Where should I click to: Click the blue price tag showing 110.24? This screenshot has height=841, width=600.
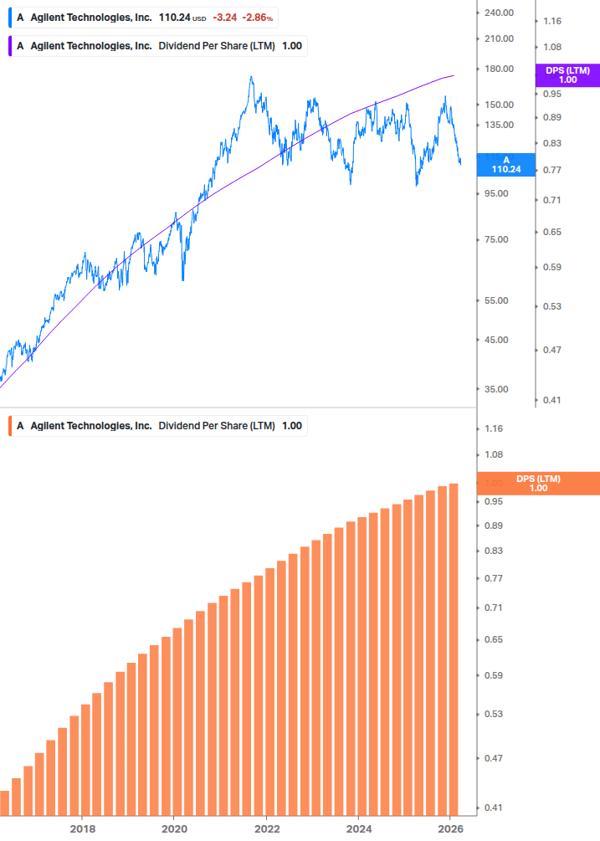click(x=505, y=164)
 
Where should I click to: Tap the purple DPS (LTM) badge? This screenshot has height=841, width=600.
click(x=567, y=75)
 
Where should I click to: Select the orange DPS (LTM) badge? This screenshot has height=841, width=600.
click(x=538, y=484)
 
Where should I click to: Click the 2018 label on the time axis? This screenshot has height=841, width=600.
click(x=81, y=828)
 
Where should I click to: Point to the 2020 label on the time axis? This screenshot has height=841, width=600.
click(x=173, y=828)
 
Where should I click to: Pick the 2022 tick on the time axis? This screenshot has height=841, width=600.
click(x=266, y=828)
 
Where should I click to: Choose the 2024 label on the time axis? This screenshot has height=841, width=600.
click(x=358, y=828)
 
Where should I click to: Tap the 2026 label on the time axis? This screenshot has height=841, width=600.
click(x=450, y=828)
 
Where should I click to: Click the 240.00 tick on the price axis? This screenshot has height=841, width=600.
click(x=498, y=13)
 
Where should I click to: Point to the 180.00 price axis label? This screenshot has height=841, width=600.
click(x=498, y=69)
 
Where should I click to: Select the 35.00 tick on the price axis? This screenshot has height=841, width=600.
click(x=498, y=389)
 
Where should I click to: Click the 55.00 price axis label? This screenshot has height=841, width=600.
click(x=498, y=300)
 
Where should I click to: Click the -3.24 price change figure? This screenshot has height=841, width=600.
click(x=223, y=17)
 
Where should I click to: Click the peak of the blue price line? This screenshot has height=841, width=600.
click(x=251, y=77)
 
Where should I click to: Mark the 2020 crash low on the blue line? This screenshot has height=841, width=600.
click(x=183, y=279)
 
